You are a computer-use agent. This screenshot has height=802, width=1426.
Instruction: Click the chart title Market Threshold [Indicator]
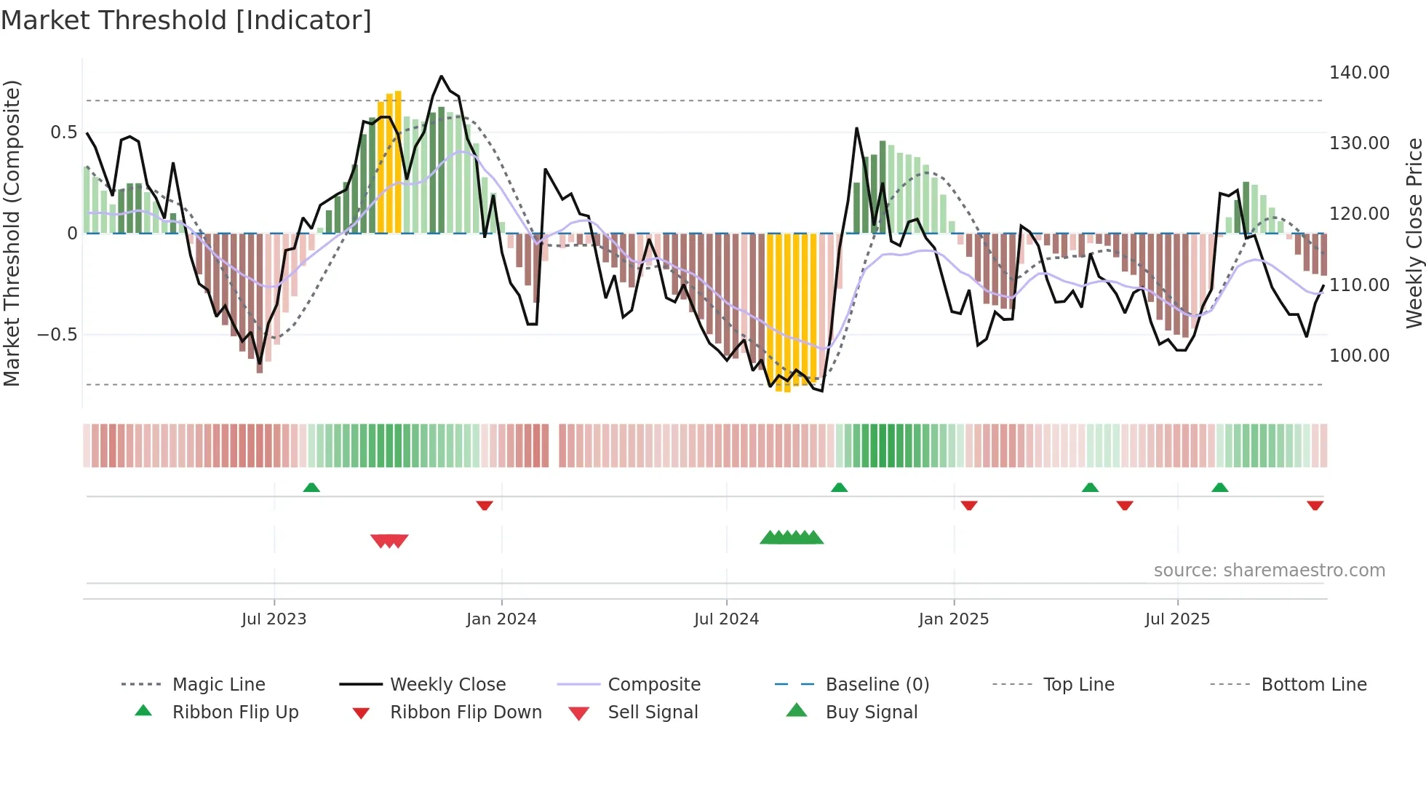[x=186, y=20]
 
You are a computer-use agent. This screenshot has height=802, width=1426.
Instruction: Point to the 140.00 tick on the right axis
[x=1358, y=73]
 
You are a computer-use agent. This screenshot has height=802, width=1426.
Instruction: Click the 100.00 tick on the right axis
[x=1358, y=356]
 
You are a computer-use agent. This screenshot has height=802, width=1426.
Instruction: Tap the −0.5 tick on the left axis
[x=57, y=335]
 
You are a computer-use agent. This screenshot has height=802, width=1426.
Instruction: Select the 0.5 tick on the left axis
[x=63, y=132]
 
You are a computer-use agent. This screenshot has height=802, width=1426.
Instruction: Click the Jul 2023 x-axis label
[x=274, y=619]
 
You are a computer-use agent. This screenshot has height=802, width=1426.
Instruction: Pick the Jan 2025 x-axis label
[x=953, y=619]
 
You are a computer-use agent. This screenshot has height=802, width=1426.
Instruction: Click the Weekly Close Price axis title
[x=1413, y=233]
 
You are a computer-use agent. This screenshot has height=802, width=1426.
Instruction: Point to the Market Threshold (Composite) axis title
[x=12, y=233]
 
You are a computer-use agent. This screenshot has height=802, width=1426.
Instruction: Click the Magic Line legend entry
[x=218, y=685]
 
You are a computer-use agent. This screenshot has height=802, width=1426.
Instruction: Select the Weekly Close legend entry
[x=447, y=685]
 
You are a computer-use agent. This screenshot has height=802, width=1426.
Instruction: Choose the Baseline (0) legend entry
[x=877, y=685]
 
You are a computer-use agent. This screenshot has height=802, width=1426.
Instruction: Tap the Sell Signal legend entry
[x=652, y=712]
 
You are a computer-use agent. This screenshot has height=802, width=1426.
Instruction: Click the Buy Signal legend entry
[x=871, y=712]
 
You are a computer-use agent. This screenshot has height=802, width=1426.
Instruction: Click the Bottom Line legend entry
[x=1313, y=685]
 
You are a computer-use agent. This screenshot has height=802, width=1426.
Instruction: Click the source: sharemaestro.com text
[x=1269, y=571]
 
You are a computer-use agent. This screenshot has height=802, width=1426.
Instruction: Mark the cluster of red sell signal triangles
[x=389, y=541]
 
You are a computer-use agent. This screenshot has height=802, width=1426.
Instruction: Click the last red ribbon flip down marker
[x=1315, y=505]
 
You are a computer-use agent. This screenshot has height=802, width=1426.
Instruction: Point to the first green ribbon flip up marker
[x=311, y=487]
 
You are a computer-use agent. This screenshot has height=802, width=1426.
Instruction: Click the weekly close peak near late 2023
[x=441, y=76]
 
